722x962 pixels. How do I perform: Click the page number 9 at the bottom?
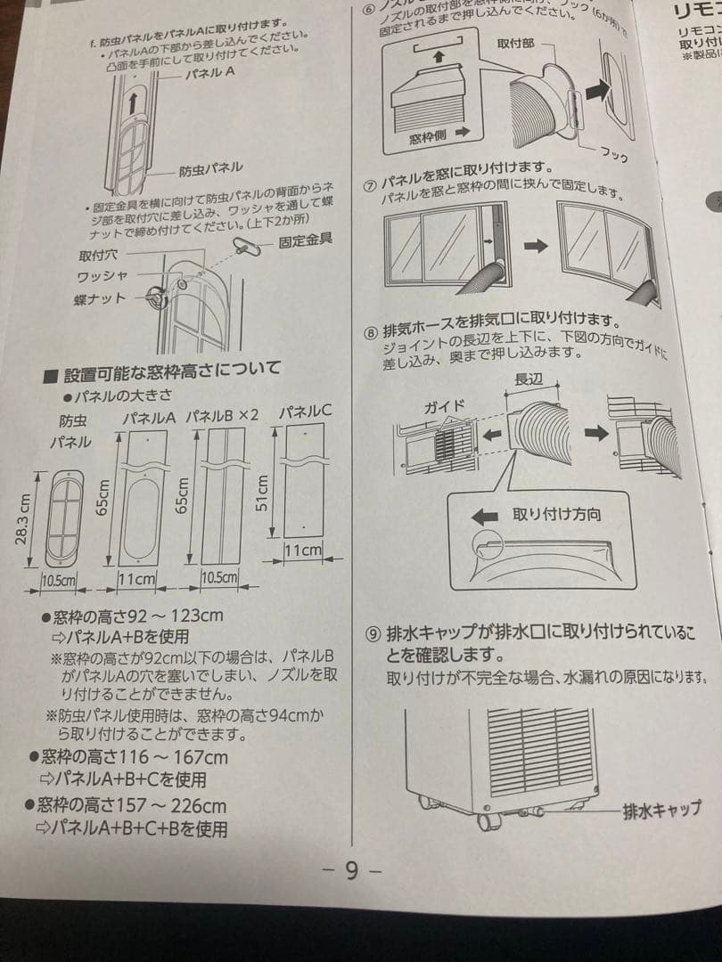(351, 871)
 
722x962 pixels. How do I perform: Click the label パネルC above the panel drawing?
(305, 412)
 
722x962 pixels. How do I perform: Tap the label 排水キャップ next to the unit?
(661, 810)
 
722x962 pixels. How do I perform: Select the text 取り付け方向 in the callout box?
(556, 514)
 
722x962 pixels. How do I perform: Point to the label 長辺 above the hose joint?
(528, 379)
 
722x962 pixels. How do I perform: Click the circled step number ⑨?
(373, 634)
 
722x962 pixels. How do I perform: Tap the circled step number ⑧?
(372, 333)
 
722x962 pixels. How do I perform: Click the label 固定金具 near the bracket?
(305, 239)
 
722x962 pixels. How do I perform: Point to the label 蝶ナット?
(101, 298)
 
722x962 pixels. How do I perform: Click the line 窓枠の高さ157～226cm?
(134, 806)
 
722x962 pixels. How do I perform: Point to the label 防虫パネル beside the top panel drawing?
(210, 168)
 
